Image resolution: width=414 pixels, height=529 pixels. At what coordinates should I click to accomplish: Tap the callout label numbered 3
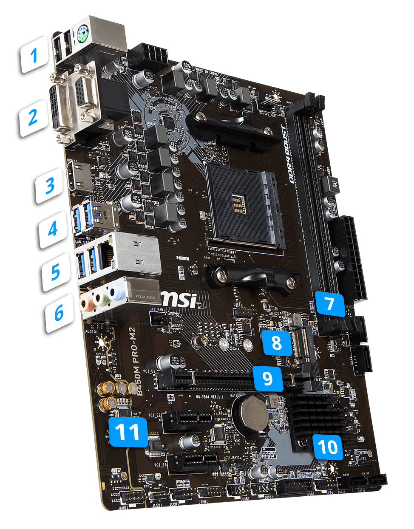tap(50, 185)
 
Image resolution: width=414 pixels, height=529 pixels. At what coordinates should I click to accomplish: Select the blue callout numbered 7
tap(330, 303)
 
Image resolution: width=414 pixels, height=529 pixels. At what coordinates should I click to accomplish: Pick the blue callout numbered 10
tap(327, 447)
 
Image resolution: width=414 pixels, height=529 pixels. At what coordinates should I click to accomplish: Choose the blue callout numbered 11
tap(128, 432)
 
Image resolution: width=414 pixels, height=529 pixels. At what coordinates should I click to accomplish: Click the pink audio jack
tap(87, 303)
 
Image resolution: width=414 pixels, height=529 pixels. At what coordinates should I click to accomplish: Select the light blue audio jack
tap(114, 292)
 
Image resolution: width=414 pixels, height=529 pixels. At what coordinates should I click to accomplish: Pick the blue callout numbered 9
tap(267, 376)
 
